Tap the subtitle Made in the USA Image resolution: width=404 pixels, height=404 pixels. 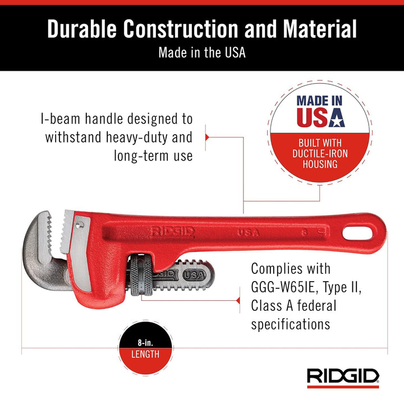point(202,53)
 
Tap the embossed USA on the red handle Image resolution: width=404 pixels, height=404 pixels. point(248,231)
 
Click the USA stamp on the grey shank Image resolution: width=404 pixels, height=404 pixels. point(194,275)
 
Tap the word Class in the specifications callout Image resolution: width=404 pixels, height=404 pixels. point(268,306)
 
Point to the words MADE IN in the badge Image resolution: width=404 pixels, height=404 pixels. point(319,101)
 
